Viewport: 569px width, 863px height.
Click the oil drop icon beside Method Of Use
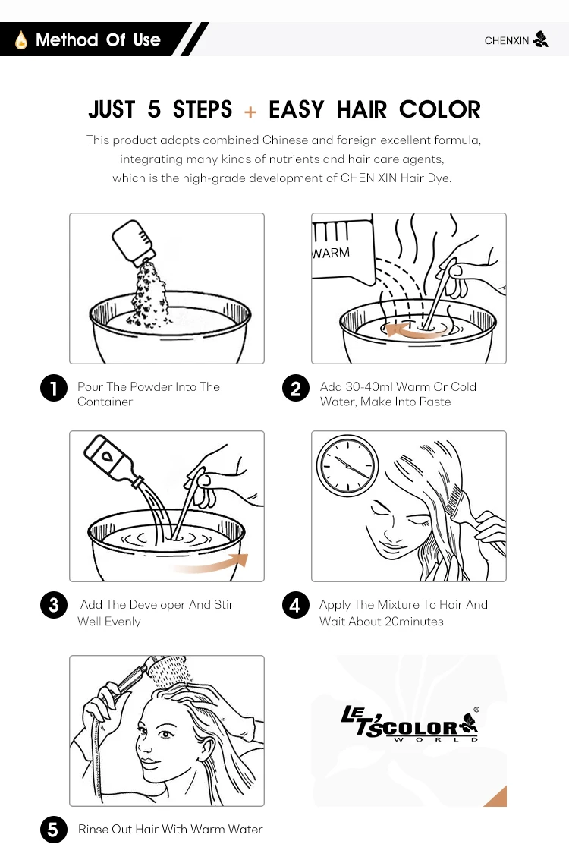tap(21, 39)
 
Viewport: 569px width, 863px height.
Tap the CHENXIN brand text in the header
tap(506, 41)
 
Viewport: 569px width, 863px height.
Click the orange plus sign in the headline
tap(250, 112)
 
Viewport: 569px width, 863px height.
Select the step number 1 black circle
tap(54, 388)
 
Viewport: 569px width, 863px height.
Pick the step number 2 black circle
tap(296, 388)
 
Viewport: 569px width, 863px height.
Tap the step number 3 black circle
tap(54, 605)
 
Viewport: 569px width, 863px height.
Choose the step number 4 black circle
tap(296, 605)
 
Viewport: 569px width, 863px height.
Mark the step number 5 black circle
tap(54, 830)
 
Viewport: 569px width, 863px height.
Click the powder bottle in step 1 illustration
tap(134, 241)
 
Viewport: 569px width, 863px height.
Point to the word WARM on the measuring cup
tap(331, 254)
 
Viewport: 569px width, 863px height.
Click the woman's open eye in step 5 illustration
tap(165, 734)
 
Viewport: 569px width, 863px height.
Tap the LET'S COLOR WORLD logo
tap(410, 723)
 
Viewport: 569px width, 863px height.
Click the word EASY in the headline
tap(297, 109)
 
